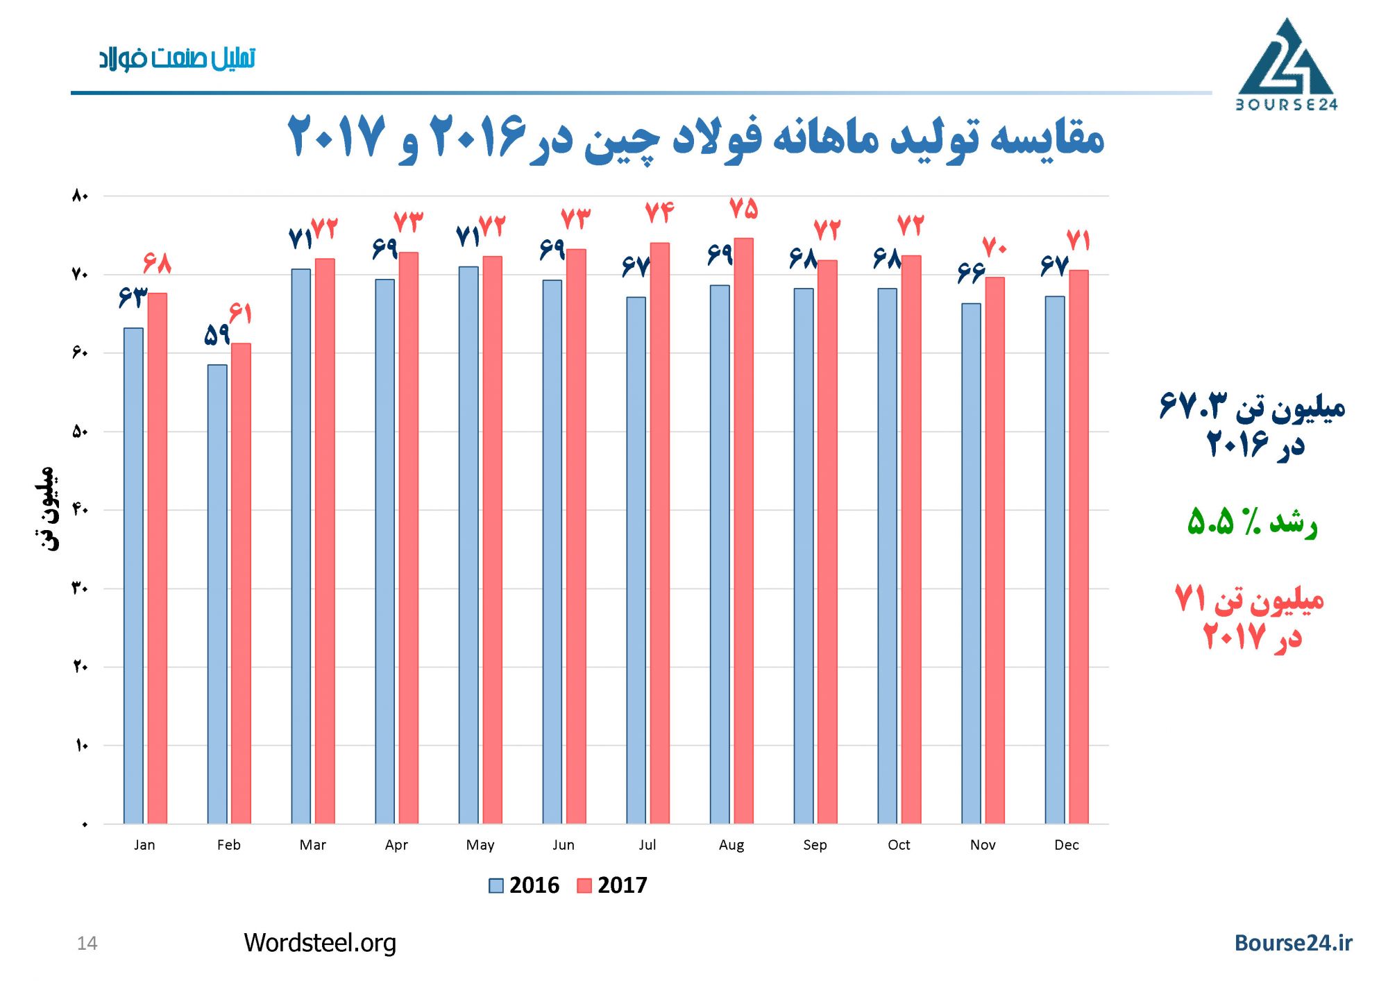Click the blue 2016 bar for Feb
click(217, 594)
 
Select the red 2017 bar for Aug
click(743, 531)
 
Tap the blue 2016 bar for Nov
click(971, 563)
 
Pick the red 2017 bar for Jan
click(158, 558)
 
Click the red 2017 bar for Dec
click(1078, 547)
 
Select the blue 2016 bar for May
click(468, 545)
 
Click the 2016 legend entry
click(525, 885)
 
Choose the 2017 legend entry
click(612, 885)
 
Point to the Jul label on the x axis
click(647, 845)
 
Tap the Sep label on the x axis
click(815, 845)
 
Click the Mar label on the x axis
click(312, 845)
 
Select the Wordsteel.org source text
click(320, 943)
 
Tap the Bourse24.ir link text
click(1293, 943)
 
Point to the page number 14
click(87, 944)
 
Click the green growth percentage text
click(1251, 522)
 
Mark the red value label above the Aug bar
click(743, 209)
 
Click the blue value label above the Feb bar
click(217, 335)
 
